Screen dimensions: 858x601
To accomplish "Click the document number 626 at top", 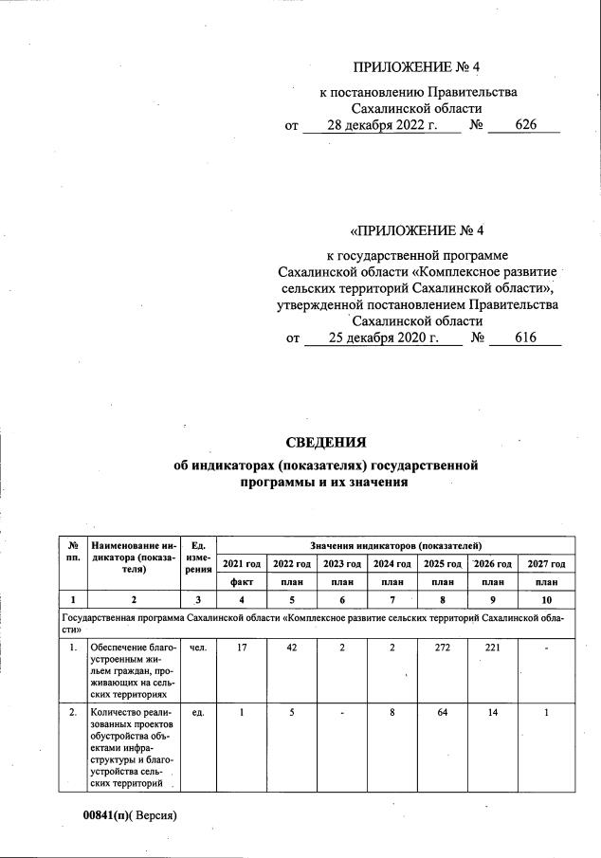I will [526, 125].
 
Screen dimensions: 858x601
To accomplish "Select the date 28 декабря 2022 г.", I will [380, 125].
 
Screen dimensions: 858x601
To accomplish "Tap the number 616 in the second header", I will [526, 338].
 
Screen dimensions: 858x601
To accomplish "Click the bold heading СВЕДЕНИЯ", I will [325, 443].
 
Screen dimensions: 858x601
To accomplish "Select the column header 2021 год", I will [242, 564].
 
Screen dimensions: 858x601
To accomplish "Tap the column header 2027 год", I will [546, 564].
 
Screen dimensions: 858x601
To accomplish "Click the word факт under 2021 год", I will [242, 582].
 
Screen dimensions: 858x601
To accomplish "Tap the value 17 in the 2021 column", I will [242, 648].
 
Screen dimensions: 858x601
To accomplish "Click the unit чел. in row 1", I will [198, 648].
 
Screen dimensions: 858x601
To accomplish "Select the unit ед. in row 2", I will [198, 714].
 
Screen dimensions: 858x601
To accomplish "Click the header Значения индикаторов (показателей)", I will [394, 545].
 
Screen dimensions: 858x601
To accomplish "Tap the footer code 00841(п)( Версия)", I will [131, 815].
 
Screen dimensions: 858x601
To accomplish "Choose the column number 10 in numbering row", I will [546, 599].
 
